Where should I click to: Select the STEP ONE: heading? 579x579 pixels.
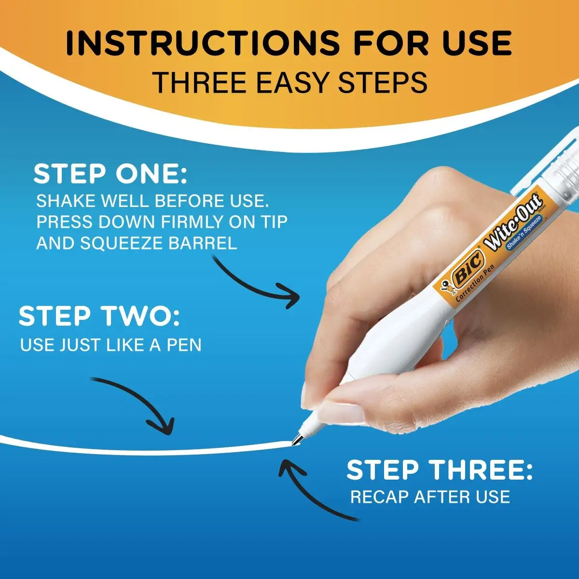click(x=110, y=174)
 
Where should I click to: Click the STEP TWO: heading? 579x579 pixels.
click(x=99, y=317)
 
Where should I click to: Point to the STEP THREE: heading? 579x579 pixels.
click(x=439, y=470)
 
